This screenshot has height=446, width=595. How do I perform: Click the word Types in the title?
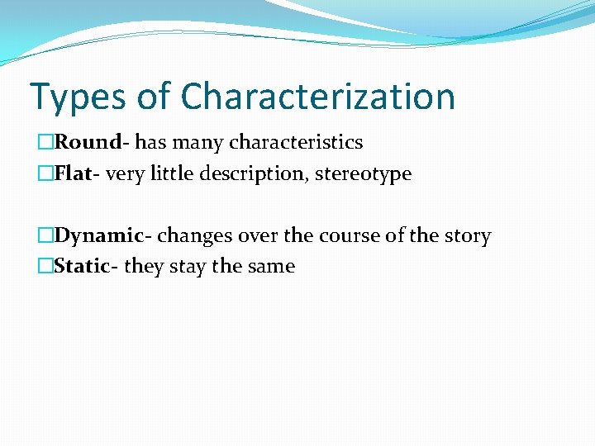click(76, 97)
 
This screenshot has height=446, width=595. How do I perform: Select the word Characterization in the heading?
click(317, 97)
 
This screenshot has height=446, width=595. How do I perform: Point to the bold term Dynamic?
click(98, 236)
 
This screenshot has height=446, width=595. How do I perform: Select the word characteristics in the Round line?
click(296, 143)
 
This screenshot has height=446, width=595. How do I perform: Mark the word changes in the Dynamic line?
click(194, 236)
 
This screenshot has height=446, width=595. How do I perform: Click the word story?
click(468, 236)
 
